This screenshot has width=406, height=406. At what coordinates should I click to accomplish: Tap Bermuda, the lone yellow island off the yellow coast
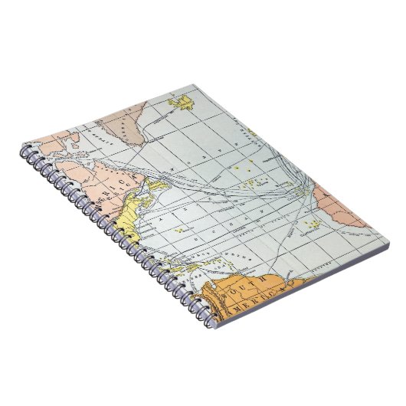(x=179, y=228)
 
